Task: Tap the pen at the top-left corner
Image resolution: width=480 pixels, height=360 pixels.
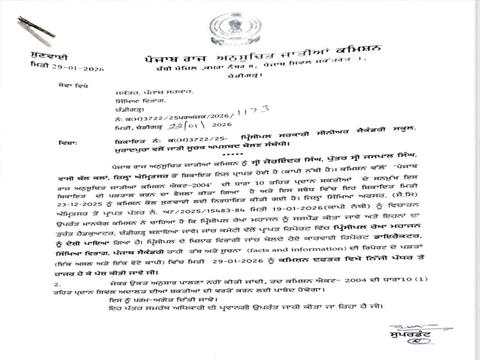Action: [34, 27]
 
